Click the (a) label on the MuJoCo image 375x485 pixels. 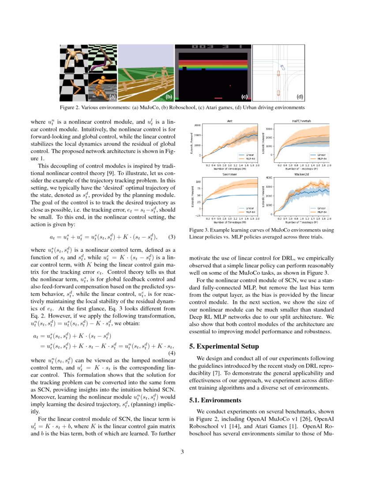tap(112, 96)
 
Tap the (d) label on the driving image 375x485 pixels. tap(300, 96)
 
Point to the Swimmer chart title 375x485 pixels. tap(230, 175)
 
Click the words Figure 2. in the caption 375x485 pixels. tap(71, 108)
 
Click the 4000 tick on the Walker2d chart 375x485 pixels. tap(269, 178)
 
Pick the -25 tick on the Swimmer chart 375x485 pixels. tap(197, 215)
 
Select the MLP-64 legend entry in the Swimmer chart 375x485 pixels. tap(250, 211)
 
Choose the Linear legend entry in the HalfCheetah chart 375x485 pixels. tap(321, 155)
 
